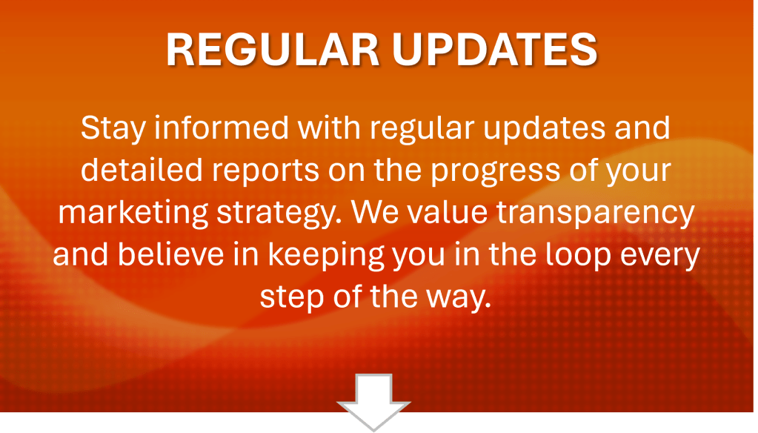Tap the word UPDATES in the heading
(495, 50)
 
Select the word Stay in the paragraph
(113, 129)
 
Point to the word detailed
(142, 170)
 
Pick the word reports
(265, 172)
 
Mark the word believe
(171, 254)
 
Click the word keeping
(326, 257)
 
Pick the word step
(292, 299)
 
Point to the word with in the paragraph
(329, 128)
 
